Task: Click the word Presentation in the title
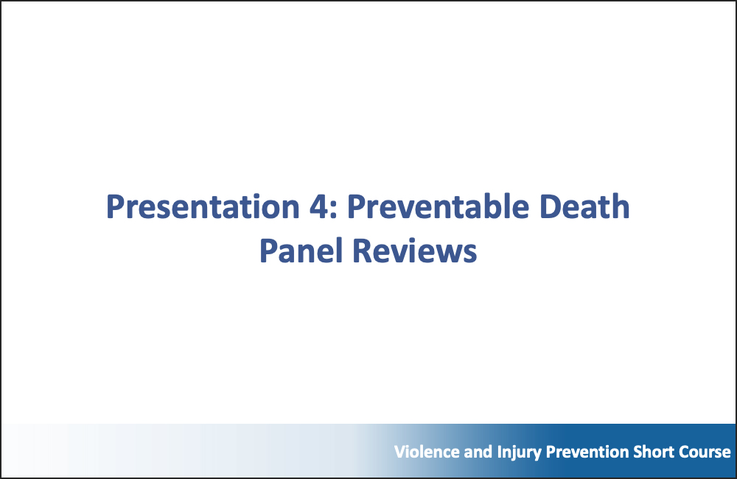pos(203,207)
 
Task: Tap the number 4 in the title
pos(319,207)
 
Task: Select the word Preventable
pos(438,206)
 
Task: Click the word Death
pos(584,206)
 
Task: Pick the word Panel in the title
pos(301,250)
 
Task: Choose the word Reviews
pos(414,251)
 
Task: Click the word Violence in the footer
pos(427,452)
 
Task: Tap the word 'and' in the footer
pos(478,452)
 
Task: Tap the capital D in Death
pos(550,207)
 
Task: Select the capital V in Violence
pos(401,452)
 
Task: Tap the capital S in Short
pos(638,452)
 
